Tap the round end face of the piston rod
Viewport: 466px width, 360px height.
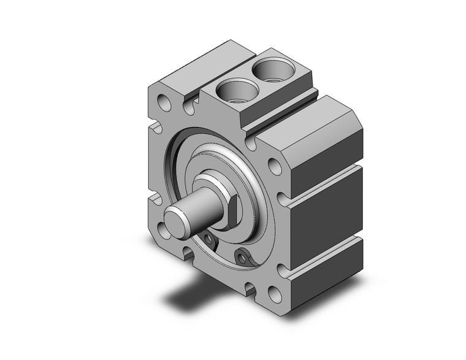pos(177,220)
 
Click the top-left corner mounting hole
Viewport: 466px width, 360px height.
pos(164,101)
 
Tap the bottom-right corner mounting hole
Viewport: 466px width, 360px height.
pos(275,294)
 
